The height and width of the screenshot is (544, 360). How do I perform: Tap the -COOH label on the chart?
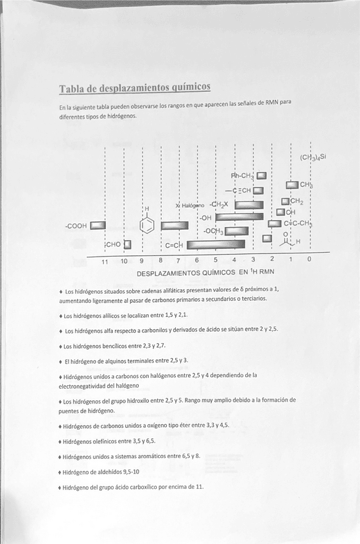point(76,226)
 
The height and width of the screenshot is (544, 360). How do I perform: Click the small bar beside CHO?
point(127,244)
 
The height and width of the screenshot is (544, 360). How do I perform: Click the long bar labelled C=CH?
point(207,244)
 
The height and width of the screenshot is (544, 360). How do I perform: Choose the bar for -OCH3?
point(236,231)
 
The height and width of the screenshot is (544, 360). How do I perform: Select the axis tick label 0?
point(309,260)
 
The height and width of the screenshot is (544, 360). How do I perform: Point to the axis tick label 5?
point(216,260)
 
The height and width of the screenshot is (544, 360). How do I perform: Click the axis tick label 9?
point(142,260)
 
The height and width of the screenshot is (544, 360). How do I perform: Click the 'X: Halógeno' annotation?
point(189,206)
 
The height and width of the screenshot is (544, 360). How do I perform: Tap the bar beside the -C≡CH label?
point(259,190)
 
